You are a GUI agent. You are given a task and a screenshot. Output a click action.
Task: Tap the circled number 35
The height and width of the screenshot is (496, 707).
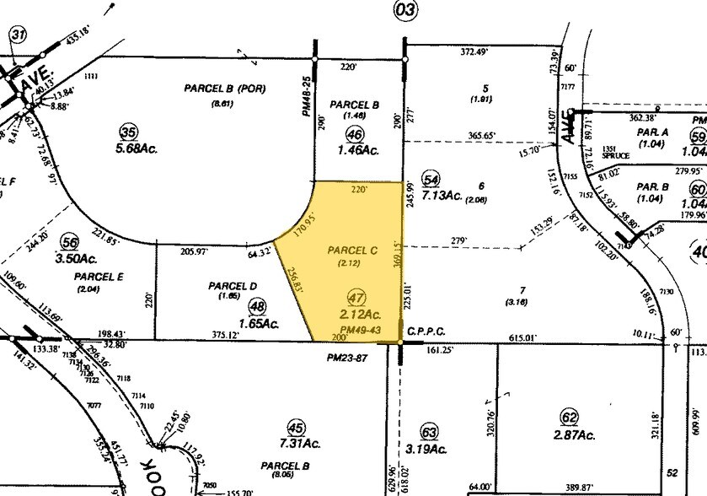pos(129,132)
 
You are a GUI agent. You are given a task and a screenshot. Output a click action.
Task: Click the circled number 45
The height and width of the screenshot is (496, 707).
pos(295,427)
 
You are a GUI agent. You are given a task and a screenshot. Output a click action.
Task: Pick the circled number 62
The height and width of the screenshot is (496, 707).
pos(570,416)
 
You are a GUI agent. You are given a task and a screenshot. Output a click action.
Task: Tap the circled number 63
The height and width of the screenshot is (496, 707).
pos(431,431)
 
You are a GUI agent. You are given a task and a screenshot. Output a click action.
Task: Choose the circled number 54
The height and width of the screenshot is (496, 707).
pos(431,179)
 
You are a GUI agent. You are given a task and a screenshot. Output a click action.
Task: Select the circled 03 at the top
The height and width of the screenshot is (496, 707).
pos(404,11)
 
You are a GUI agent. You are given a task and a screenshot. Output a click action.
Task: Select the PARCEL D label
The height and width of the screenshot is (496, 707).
pos(232,286)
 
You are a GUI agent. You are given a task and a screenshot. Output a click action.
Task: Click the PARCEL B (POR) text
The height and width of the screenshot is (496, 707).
pos(224,88)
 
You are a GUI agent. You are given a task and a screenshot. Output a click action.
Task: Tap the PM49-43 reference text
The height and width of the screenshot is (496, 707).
pos(360,329)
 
